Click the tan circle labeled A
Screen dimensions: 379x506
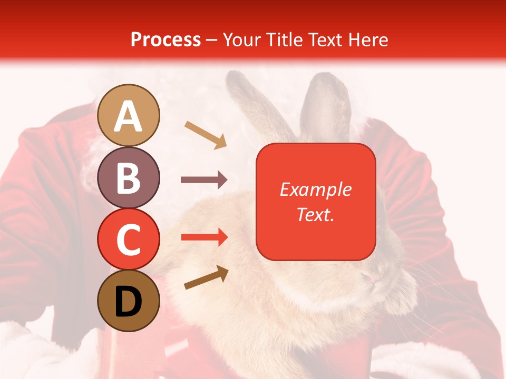click(x=128, y=115)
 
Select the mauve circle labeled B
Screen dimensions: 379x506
click(x=128, y=177)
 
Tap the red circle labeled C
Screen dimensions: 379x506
click(x=128, y=239)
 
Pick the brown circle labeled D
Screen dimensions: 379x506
click(x=128, y=301)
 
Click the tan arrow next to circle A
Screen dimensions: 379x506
click(x=206, y=135)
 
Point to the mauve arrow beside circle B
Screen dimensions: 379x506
click(x=204, y=180)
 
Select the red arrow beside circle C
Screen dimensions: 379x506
click(x=204, y=237)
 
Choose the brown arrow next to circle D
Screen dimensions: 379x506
click(x=206, y=278)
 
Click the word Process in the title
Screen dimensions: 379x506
click(x=166, y=39)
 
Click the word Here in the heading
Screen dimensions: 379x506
click(x=368, y=39)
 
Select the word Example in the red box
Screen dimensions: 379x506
click(x=315, y=189)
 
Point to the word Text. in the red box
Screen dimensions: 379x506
click(x=315, y=214)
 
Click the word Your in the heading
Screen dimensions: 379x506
click(x=242, y=39)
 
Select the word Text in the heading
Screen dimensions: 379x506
click(x=326, y=39)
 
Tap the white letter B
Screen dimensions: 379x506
click(x=128, y=177)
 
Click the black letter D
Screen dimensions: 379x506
click(x=128, y=301)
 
